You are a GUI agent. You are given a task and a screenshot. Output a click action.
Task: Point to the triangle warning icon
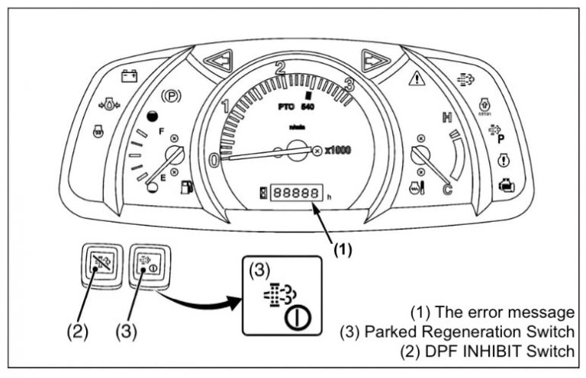(x=417, y=77)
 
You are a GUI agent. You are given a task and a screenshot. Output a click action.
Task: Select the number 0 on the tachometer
(x=215, y=161)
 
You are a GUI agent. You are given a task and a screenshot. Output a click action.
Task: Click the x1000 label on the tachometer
(x=338, y=150)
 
